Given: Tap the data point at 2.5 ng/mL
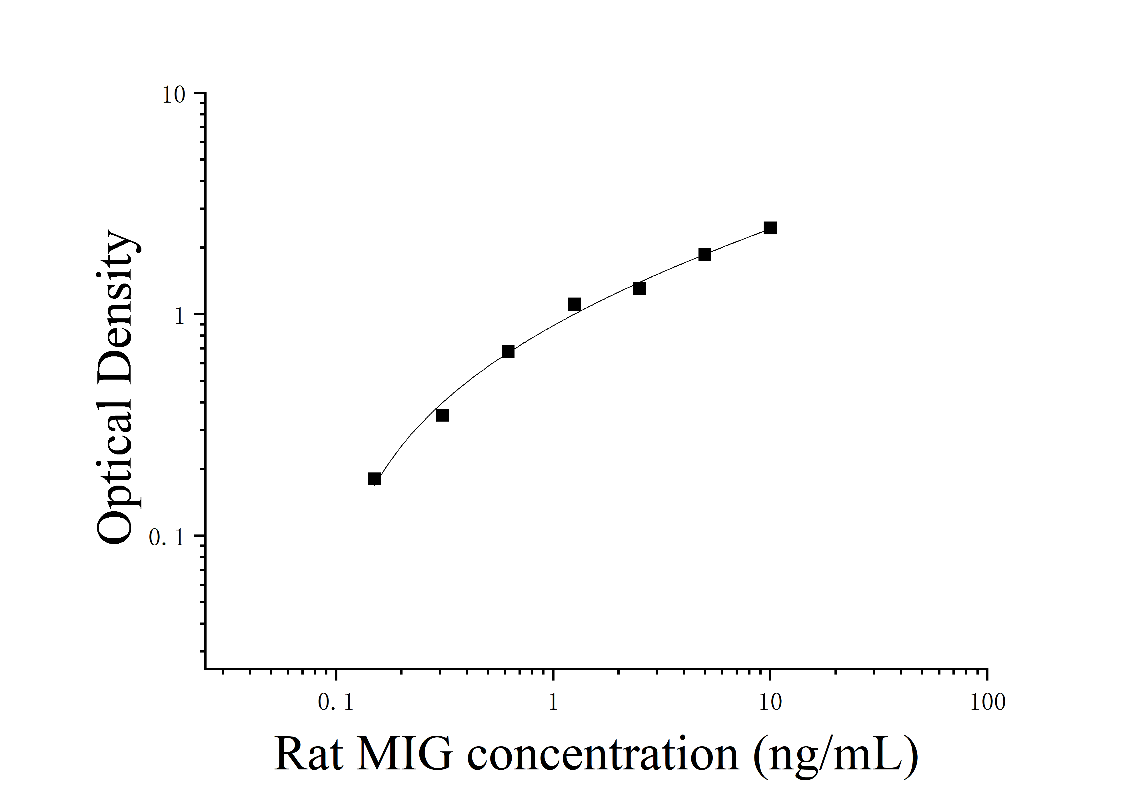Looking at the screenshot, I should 639,288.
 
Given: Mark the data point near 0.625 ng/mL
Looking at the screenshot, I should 508,351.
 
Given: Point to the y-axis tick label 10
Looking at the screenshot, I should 173,95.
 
